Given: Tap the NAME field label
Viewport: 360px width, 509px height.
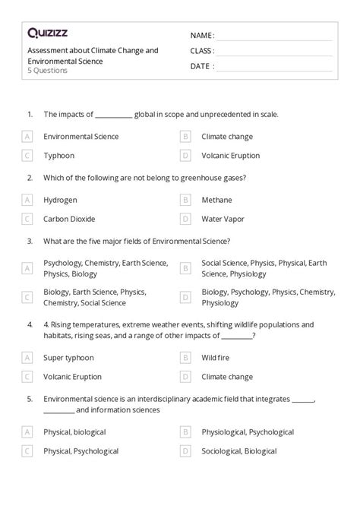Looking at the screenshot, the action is (202, 36).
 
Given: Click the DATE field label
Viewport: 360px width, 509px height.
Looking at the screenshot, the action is (201, 66).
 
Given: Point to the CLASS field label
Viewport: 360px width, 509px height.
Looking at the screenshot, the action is (202, 51).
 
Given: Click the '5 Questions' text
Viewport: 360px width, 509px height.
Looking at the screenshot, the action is (46, 71).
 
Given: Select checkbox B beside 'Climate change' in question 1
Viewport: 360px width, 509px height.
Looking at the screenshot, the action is (185, 137).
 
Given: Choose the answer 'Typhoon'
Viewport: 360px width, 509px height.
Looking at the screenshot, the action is (58, 156).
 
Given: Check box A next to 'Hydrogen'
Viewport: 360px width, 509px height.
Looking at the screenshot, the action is (27, 200).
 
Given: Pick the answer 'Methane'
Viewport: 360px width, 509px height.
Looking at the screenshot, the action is (217, 200).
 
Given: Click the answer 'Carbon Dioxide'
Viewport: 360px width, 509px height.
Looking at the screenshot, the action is (69, 219).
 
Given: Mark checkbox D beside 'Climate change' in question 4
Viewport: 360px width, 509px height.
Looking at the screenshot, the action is (185, 376).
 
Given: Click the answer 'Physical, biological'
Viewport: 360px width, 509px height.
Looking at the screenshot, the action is (74, 432).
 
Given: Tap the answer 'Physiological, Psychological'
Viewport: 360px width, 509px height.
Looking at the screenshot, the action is (248, 432).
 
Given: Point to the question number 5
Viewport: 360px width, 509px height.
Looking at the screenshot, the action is (29, 397).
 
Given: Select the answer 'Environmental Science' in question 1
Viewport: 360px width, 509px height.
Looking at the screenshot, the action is (81, 137).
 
